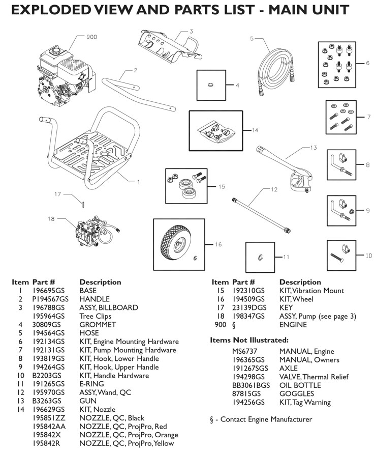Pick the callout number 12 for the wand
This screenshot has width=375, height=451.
pyautogui.click(x=274, y=189)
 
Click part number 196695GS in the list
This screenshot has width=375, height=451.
pyautogui.click(x=48, y=291)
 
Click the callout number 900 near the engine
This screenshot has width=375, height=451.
pyautogui.click(x=91, y=37)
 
